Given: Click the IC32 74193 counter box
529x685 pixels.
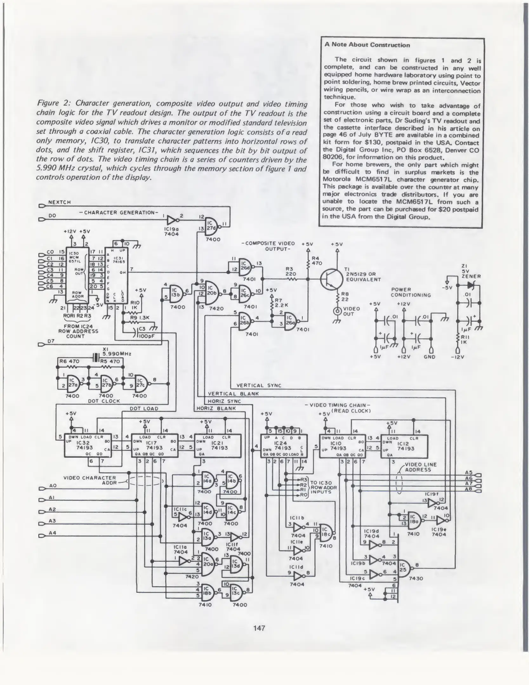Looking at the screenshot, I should pyautogui.click(x=88, y=445).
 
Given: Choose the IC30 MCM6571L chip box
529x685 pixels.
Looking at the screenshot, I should pyautogui.click(x=77, y=275).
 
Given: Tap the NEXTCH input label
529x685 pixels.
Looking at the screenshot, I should pyautogui.click(x=59, y=202).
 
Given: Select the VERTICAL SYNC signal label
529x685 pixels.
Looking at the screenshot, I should pyautogui.click(x=259, y=386).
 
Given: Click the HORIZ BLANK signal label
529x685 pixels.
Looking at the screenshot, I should pyautogui.click(x=216, y=408).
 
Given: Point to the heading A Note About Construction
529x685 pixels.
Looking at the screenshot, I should pyautogui.click(x=367, y=45).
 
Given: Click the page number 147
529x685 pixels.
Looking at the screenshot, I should pyautogui.click(x=259, y=628).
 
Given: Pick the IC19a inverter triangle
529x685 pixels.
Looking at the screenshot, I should pyautogui.click(x=172, y=220).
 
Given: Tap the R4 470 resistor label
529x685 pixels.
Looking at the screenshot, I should pyautogui.click(x=316, y=261).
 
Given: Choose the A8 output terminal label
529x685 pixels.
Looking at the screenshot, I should pyautogui.click(x=468, y=489).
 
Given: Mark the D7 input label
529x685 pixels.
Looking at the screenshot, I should pyautogui.click(x=51, y=341).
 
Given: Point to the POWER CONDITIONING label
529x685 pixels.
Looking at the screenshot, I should pyautogui.click(x=411, y=292).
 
